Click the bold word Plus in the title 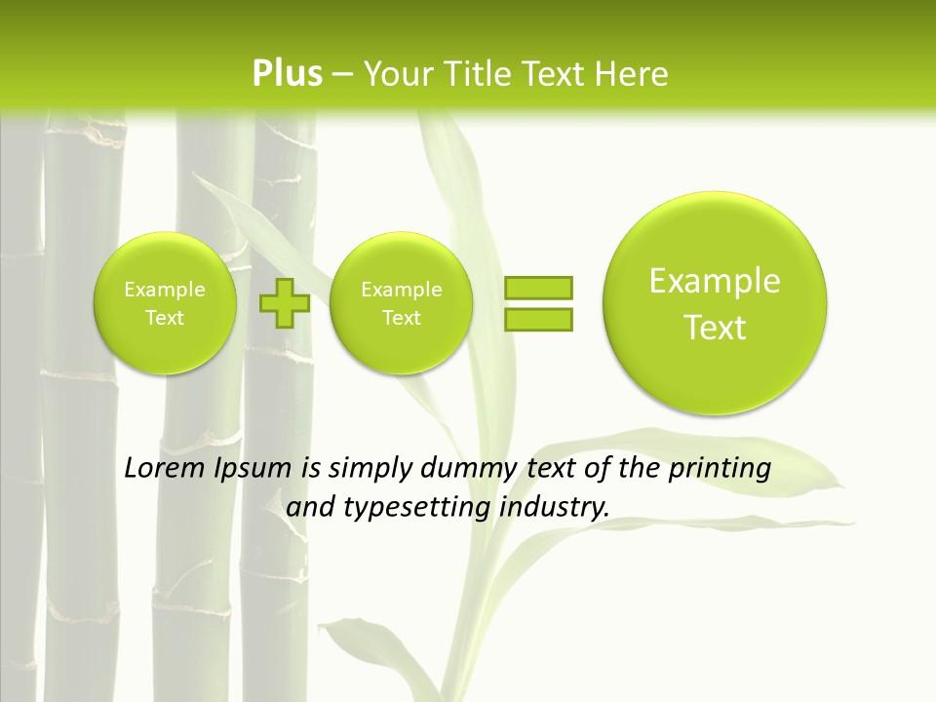click(x=287, y=74)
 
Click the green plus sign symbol click(x=285, y=303)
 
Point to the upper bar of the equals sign click(x=538, y=288)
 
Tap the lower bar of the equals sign click(x=538, y=319)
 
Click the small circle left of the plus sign click(x=165, y=303)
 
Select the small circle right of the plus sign click(x=401, y=303)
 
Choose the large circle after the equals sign click(x=715, y=302)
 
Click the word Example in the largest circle click(x=715, y=281)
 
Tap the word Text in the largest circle click(x=715, y=328)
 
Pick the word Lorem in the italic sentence click(x=166, y=468)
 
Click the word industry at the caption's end click(x=554, y=508)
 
